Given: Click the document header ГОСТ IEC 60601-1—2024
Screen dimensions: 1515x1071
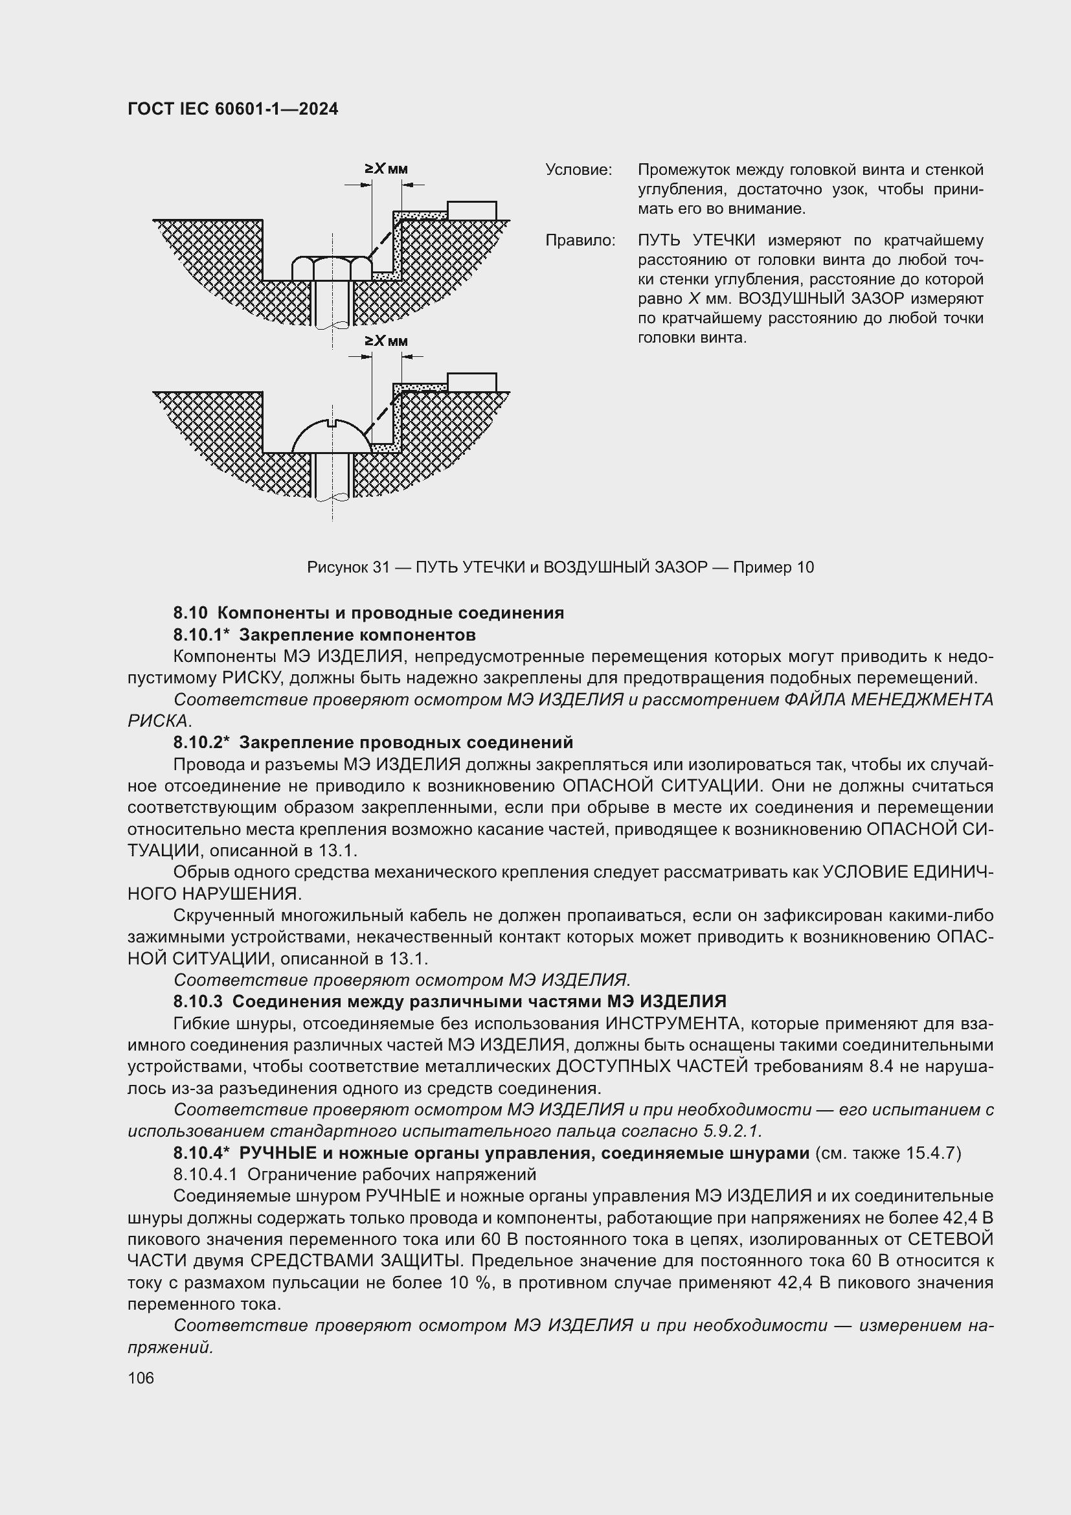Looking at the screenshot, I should pyautogui.click(x=232, y=109).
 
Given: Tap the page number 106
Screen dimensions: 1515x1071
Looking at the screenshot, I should pyautogui.click(x=141, y=1378).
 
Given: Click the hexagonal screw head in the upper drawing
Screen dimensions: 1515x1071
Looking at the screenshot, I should pyautogui.click(x=332, y=269).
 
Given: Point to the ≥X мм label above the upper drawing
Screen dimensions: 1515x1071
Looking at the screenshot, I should pyautogui.click(x=387, y=169).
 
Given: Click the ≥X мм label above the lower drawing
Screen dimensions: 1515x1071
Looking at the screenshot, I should pyautogui.click(x=387, y=341).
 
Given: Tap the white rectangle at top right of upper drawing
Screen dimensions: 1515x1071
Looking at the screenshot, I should pyautogui.click(x=471, y=211).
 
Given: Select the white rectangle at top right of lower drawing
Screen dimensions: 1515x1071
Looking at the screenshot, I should pyautogui.click(x=471, y=382).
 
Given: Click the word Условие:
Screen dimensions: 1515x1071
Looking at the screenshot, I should pyautogui.click(x=578, y=170).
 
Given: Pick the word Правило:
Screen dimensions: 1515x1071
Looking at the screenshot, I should pyautogui.click(x=580, y=241).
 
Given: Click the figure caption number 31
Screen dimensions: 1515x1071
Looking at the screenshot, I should pyautogui.click(x=381, y=567).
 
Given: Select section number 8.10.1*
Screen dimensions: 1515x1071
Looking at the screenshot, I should pyautogui.click(x=201, y=635).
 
